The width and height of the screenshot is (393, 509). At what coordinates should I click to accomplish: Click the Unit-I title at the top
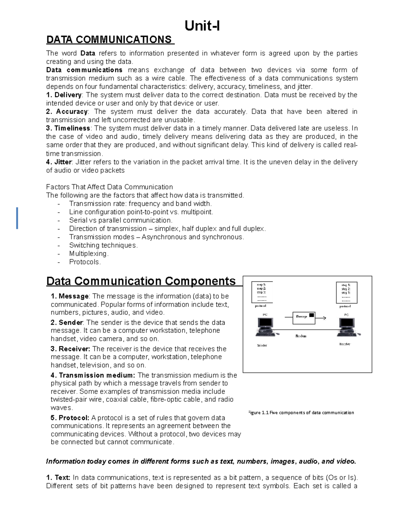point(202,26)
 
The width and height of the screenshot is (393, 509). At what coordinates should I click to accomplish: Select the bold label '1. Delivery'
point(64,95)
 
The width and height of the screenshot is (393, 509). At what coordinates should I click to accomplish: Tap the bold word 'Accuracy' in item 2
point(72,112)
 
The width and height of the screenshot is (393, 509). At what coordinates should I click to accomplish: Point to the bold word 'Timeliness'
point(72,128)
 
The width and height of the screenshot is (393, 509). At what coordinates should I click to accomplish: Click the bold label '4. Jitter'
point(59,162)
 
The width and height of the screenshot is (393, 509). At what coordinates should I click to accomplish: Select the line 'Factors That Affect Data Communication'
point(109,187)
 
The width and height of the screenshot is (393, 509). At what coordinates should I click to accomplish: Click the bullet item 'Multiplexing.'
point(89,254)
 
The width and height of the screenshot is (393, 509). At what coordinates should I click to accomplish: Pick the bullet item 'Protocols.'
point(85,262)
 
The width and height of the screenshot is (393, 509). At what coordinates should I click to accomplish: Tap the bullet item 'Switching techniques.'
point(103,245)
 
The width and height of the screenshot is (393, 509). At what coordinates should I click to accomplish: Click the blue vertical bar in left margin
point(17,218)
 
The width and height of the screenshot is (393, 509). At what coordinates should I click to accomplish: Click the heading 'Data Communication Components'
point(141,281)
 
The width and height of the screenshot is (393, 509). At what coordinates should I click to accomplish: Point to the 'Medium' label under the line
point(301,336)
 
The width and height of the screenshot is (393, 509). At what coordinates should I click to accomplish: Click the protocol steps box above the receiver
point(346,292)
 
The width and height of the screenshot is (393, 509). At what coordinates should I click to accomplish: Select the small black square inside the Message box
point(311,315)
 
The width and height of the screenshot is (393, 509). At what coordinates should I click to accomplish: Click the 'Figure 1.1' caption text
point(301,413)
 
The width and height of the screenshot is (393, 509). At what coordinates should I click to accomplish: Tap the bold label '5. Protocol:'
point(70,418)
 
